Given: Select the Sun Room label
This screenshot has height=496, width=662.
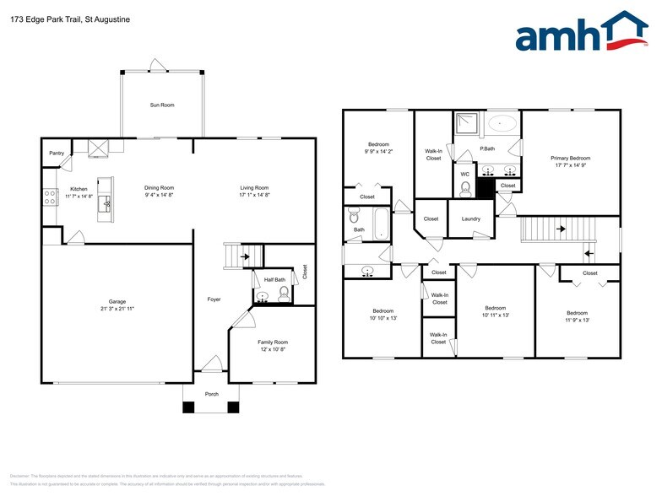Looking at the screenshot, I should tap(162, 105).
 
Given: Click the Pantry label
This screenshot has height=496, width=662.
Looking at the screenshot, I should tap(57, 153).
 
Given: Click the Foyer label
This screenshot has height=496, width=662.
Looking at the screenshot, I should tap(214, 299).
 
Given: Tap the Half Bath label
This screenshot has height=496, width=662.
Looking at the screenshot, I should tap(274, 279).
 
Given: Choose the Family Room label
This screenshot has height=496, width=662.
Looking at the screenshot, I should tap(273, 342).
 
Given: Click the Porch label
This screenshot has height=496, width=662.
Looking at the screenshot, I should tap(212, 394).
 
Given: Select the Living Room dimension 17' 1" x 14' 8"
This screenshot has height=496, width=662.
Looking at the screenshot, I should tap(254, 195).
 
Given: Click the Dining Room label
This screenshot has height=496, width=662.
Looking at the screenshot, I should tap(159, 187).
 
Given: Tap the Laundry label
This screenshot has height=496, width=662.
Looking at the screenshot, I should tap(470, 218).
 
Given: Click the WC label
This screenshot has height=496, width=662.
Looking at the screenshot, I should tap(464, 175).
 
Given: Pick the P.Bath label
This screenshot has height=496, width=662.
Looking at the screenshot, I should tap(487, 148).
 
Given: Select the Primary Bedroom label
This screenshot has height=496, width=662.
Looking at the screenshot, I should tap(570, 158).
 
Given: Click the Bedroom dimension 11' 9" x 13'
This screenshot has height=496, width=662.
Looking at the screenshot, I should tap(577, 320).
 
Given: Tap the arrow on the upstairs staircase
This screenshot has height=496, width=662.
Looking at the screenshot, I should tap(589, 252).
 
